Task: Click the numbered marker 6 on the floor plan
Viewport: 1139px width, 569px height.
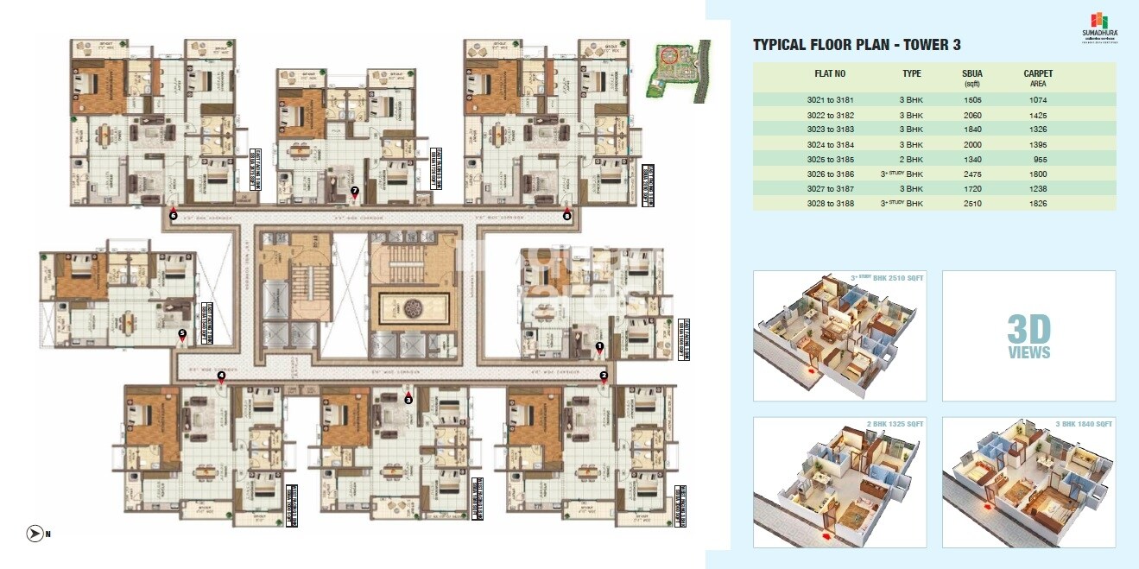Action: [x=174, y=216]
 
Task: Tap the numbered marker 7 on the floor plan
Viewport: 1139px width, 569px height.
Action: [x=355, y=190]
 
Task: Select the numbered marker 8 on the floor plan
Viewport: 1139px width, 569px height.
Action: [x=566, y=216]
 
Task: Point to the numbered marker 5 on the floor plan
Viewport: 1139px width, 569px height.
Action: [x=181, y=332]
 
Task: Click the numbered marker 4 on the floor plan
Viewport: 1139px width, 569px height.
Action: [x=221, y=376]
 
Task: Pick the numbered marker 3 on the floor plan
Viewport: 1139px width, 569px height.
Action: [x=408, y=400]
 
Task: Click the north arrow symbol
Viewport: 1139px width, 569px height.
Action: [x=35, y=534]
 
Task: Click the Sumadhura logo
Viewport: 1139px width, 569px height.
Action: [x=1098, y=26]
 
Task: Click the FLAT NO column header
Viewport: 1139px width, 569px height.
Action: [x=830, y=74]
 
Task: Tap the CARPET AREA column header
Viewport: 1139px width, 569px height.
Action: [x=1038, y=79]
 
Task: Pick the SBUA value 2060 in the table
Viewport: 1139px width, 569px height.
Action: [x=971, y=115]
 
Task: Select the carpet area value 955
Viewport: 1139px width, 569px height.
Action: [x=1039, y=159]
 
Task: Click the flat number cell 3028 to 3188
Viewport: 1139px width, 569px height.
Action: [x=830, y=204]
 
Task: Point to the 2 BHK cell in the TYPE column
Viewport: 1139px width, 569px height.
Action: [x=911, y=159]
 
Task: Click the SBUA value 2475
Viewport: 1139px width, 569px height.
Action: [x=971, y=174]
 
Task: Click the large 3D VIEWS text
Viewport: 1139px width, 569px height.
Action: [x=1028, y=336]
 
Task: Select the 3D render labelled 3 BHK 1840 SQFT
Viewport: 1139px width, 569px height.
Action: [x=1028, y=484]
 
